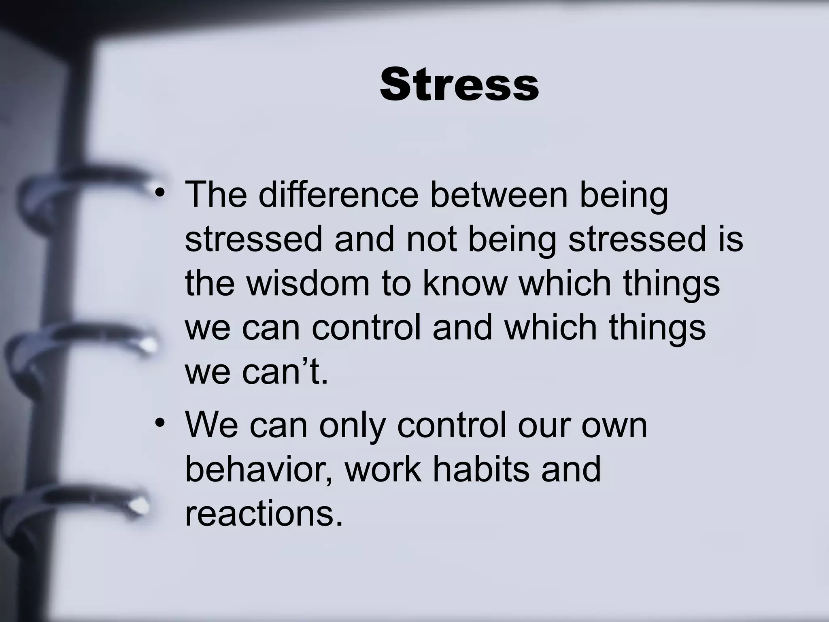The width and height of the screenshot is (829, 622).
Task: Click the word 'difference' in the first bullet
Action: [338, 194]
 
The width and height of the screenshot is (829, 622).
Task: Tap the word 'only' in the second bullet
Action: [352, 427]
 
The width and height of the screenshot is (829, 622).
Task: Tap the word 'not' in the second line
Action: [432, 239]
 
